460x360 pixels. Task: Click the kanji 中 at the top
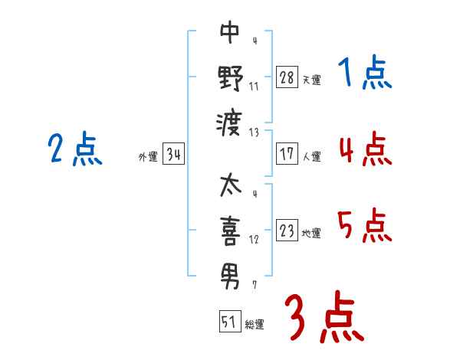click(x=230, y=32)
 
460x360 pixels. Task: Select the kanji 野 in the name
click(x=230, y=78)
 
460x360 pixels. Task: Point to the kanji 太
click(x=231, y=185)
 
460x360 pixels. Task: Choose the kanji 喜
click(x=230, y=231)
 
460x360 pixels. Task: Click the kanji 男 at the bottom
click(x=230, y=277)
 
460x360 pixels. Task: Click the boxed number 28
click(x=287, y=77)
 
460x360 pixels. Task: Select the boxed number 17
click(x=287, y=154)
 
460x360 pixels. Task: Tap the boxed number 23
click(x=287, y=231)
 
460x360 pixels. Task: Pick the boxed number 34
click(x=173, y=154)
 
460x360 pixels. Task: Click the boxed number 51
click(x=230, y=321)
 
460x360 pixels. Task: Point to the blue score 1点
click(x=365, y=73)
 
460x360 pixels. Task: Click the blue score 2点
click(x=75, y=149)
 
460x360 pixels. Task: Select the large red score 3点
click(x=324, y=317)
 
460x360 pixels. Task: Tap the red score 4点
click(x=366, y=149)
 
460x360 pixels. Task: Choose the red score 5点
click(x=365, y=225)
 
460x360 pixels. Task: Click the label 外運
click(x=148, y=157)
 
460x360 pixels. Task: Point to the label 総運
click(x=255, y=325)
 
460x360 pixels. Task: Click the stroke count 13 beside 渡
click(x=254, y=133)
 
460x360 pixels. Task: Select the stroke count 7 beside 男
click(x=255, y=285)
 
